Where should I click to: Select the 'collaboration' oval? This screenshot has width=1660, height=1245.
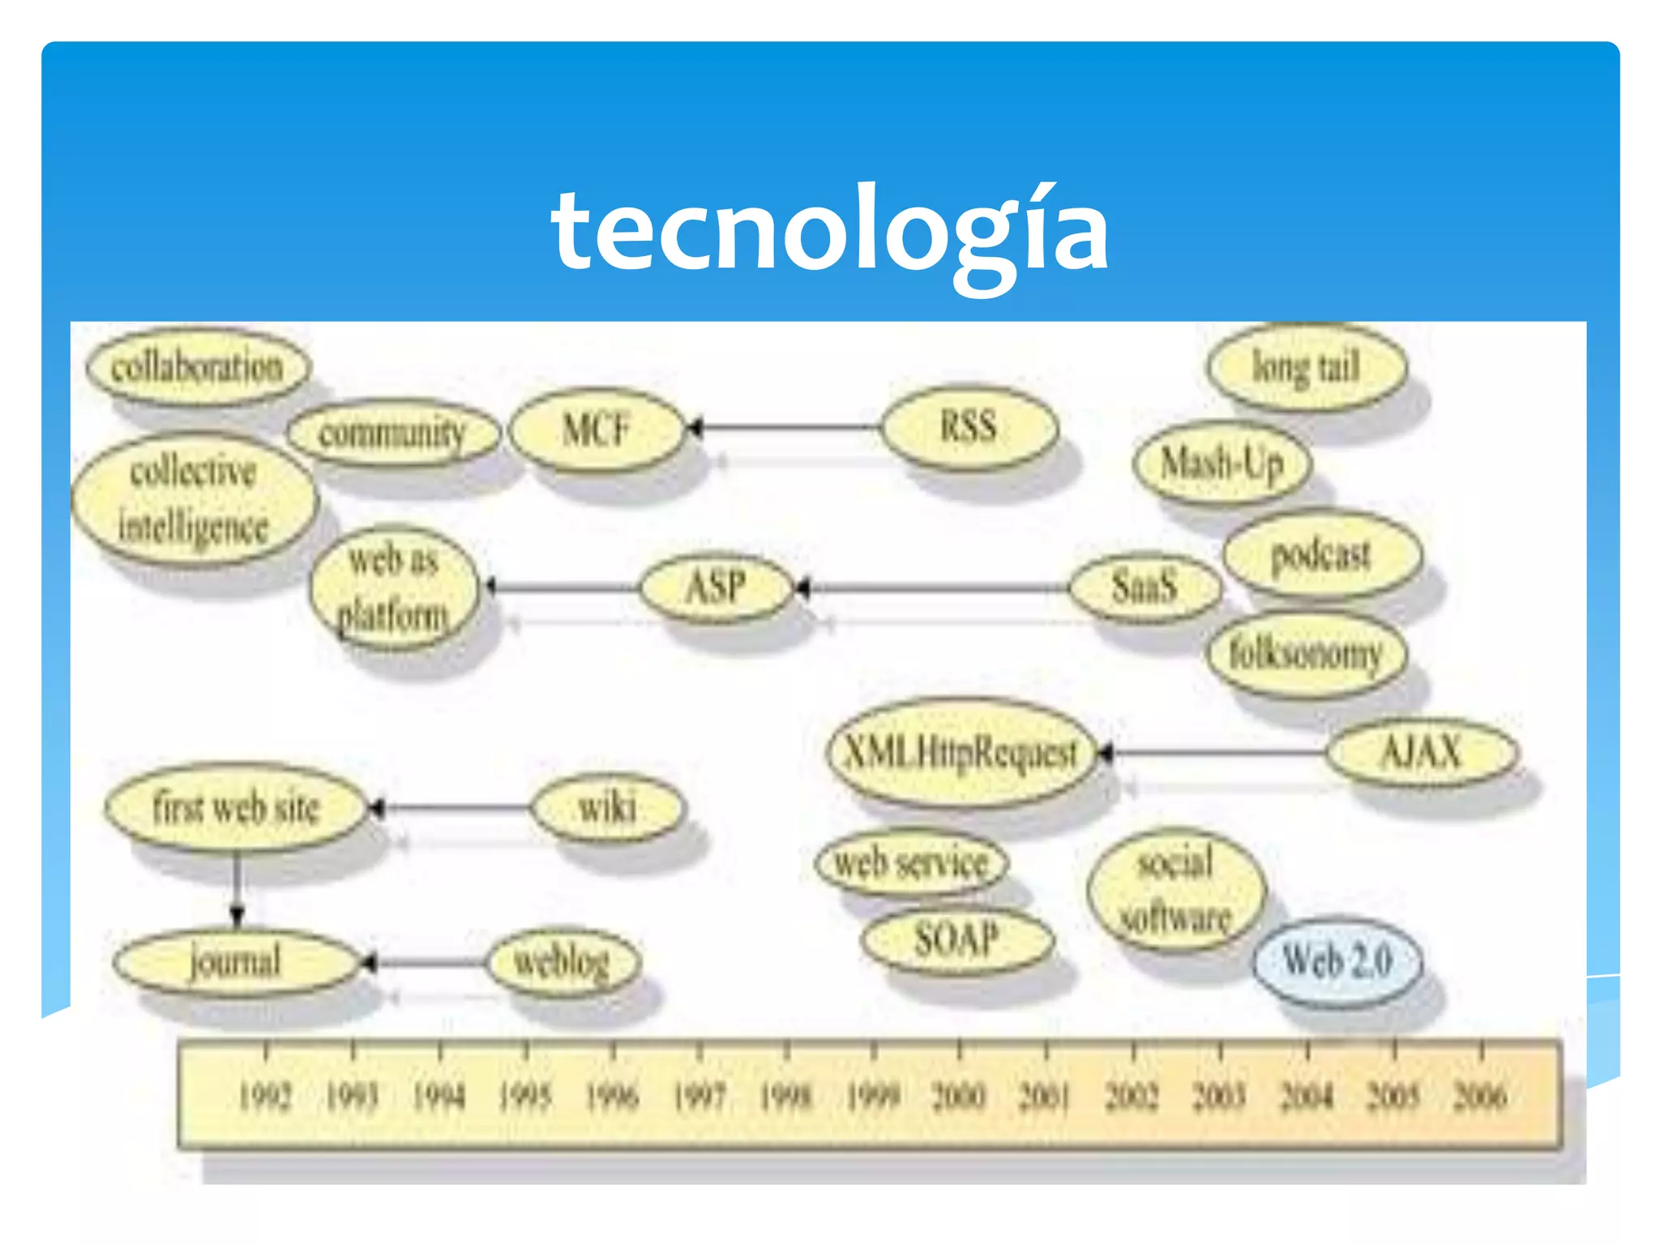tap(198, 367)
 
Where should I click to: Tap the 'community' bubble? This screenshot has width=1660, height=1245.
tap(392, 433)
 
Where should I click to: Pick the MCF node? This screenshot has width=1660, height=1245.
tap(596, 428)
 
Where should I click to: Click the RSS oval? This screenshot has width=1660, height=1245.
tap(969, 426)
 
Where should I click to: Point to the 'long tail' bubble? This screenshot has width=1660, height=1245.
tap(1306, 367)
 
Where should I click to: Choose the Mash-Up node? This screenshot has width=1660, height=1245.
tap(1221, 464)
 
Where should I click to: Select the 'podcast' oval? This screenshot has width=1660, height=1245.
tap(1321, 555)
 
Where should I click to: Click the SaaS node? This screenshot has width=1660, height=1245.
tap(1144, 586)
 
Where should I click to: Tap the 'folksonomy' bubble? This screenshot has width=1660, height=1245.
tap(1306, 653)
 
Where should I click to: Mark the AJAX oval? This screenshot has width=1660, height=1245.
tap(1422, 752)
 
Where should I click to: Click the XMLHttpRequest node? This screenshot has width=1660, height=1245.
tap(961, 752)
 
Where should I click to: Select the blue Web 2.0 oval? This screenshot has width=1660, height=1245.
tap(1337, 961)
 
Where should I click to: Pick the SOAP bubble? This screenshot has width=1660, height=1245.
tap(957, 940)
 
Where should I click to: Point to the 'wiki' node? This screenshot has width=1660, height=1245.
tap(607, 807)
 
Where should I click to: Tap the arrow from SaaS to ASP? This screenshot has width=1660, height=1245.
tap(932, 587)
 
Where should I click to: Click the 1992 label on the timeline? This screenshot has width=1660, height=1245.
tap(265, 1097)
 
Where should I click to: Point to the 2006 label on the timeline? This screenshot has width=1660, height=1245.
tap(1480, 1097)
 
